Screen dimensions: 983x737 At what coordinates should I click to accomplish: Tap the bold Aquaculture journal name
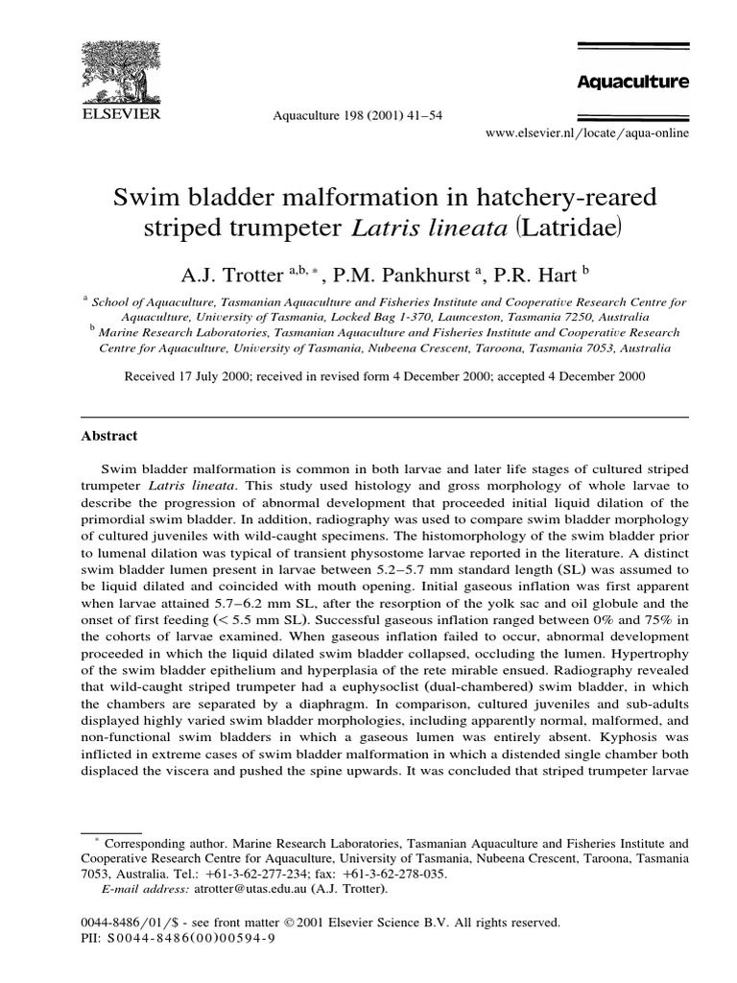pyautogui.click(x=632, y=83)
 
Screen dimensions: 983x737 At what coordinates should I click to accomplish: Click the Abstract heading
pyautogui.click(x=108, y=436)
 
